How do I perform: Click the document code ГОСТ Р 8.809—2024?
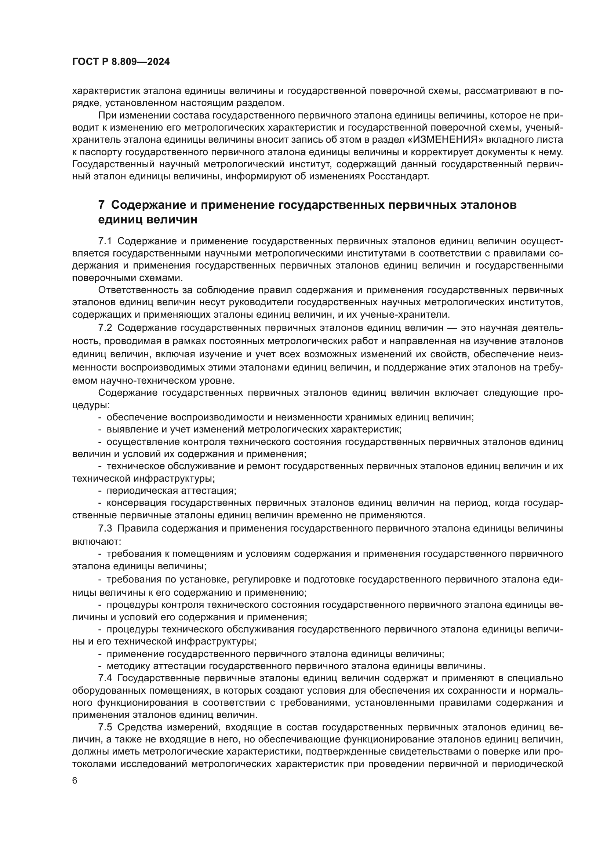click(121, 62)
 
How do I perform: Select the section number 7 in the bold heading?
click(101, 205)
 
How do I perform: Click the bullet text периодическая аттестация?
click(171, 490)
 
